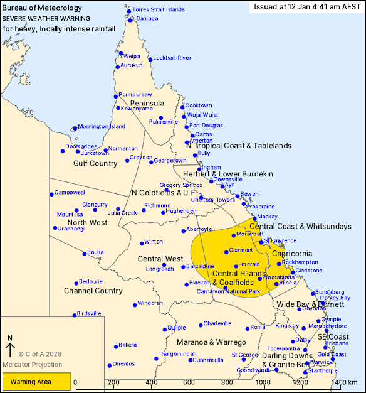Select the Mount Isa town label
pyautogui.click(x=70, y=214)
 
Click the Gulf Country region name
pyautogui.click(x=95, y=163)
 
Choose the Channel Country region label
pyautogui.click(x=93, y=291)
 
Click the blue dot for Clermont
pyautogui.click(x=226, y=252)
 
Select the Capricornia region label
pyautogui.click(x=293, y=253)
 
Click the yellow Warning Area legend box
pyautogui.click(x=36, y=380)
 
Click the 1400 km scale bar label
pyautogui.click(x=345, y=382)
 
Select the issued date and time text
pyautogui.click(x=306, y=7)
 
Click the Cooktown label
pyautogui.click(x=199, y=105)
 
